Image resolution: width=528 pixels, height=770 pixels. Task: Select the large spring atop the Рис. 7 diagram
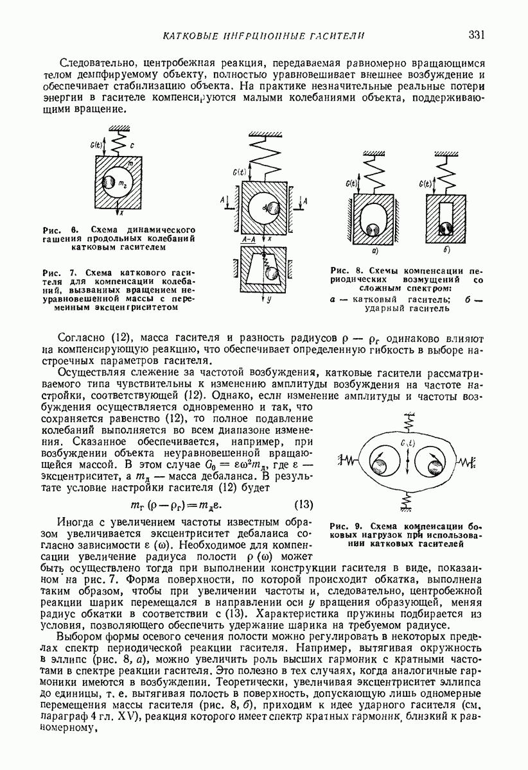click(265, 158)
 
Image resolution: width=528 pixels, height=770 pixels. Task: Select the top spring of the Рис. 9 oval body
click(407, 423)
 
